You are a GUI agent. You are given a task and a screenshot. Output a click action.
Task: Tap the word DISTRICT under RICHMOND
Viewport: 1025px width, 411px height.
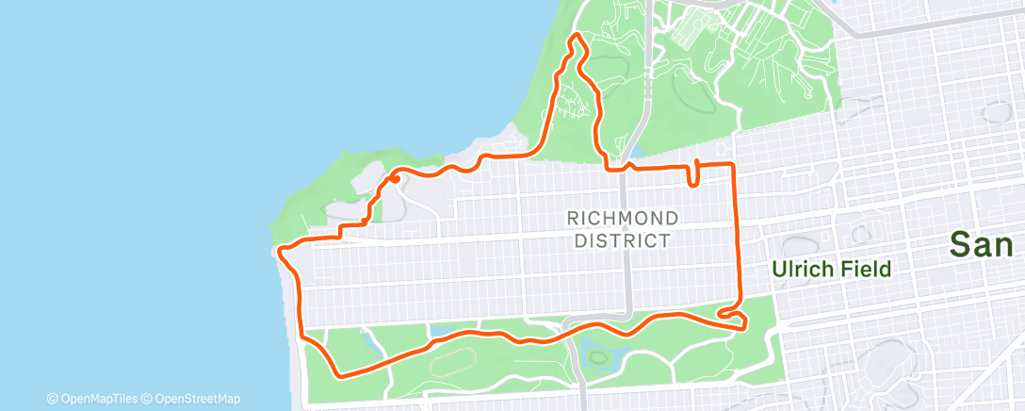[x=624, y=239]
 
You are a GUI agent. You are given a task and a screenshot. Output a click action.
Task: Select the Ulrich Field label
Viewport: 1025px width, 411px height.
[x=831, y=270]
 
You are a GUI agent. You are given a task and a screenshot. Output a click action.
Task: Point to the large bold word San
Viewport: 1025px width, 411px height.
[x=985, y=245]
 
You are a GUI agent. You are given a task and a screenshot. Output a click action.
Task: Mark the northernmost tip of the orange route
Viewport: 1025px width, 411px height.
[x=575, y=37]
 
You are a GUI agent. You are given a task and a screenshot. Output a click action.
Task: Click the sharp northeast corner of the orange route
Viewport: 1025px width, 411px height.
[x=733, y=165]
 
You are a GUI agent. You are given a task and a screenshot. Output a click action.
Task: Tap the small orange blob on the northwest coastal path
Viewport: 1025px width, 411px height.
[x=395, y=178]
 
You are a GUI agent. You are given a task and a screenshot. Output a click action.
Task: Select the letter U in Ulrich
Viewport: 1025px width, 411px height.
[x=779, y=270]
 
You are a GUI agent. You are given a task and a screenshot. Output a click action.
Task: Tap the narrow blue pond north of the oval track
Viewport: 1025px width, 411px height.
[x=440, y=331]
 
